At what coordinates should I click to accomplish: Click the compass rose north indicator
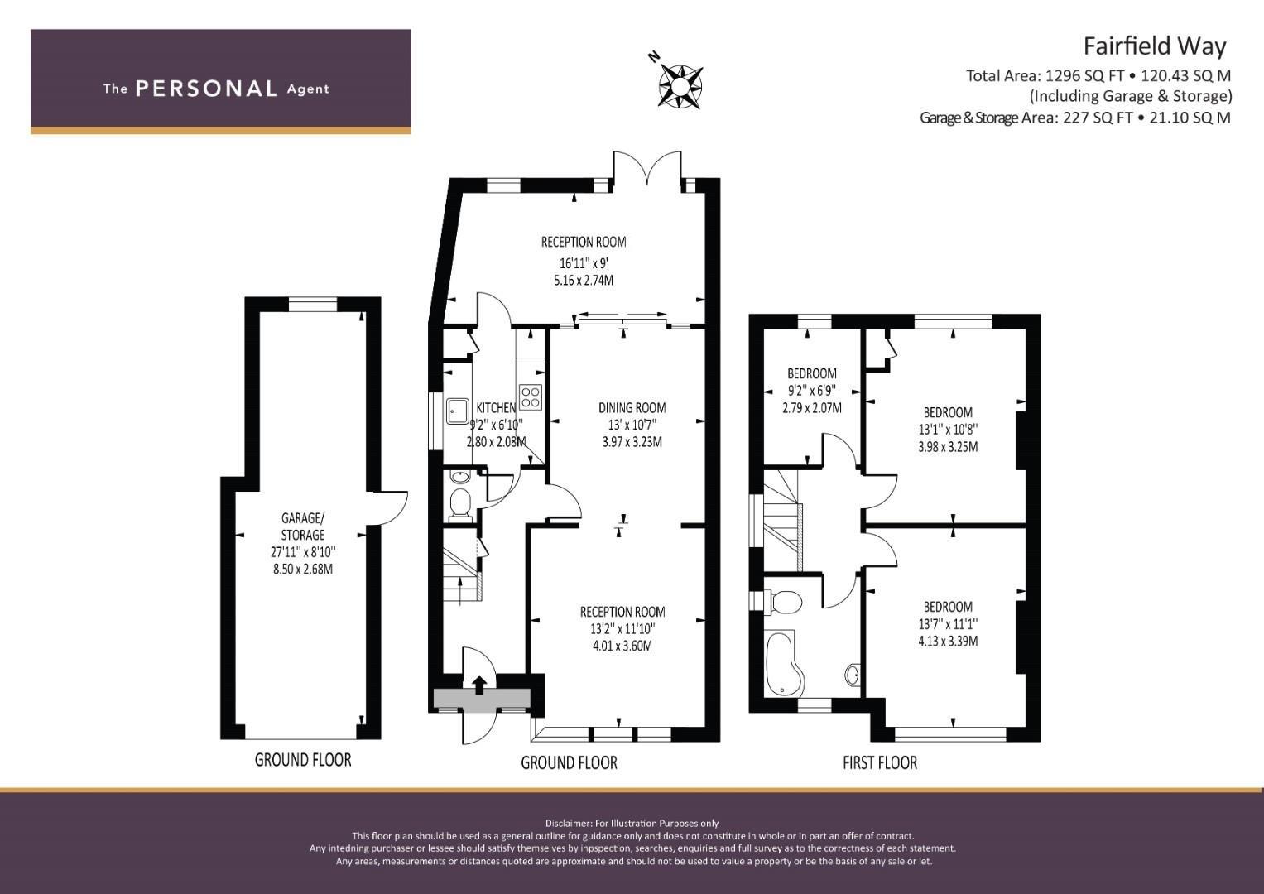point(654,56)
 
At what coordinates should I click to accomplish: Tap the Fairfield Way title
point(1155,46)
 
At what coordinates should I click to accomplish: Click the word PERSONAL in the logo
point(207,89)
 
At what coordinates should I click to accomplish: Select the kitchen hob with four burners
point(531,397)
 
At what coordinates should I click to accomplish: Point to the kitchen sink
point(457,411)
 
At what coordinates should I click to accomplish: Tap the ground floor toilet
point(460,503)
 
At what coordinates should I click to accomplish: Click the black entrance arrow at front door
point(479,685)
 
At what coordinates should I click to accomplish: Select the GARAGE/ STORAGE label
point(303,526)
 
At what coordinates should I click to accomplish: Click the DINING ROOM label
point(632,407)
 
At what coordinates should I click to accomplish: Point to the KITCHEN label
point(496,407)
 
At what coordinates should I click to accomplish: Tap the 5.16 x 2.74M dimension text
point(584,281)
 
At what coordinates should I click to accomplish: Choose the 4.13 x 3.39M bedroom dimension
point(948,642)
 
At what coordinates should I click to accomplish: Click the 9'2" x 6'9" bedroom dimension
point(811,391)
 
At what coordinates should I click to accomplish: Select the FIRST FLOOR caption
point(880,763)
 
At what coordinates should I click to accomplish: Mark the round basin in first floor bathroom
point(853,674)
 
